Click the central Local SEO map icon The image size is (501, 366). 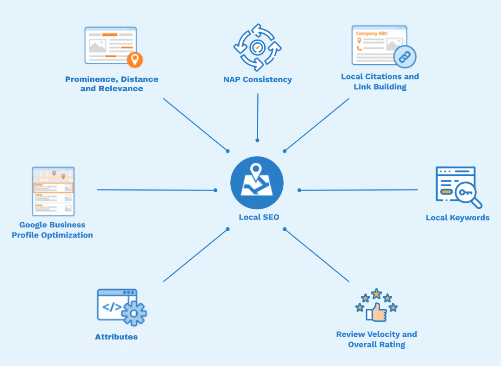click(x=257, y=183)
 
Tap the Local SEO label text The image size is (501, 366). click(x=259, y=217)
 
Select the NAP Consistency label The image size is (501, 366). click(x=257, y=80)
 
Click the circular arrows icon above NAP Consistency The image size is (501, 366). click(x=257, y=47)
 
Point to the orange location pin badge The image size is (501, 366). click(x=135, y=60)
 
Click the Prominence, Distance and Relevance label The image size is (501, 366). click(x=112, y=84)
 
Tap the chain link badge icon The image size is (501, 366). click(x=405, y=57)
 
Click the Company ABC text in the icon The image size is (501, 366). click(x=372, y=33)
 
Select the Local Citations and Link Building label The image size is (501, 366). click(x=380, y=81)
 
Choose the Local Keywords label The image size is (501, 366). click(x=458, y=218)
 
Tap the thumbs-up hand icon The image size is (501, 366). click(x=377, y=312)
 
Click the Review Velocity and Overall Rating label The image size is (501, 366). click(x=377, y=339)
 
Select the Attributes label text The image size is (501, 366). click(x=116, y=337)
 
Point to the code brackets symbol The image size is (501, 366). click(x=112, y=307)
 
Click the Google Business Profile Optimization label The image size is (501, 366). click(x=52, y=230)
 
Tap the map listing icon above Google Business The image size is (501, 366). click(x=53, y=191)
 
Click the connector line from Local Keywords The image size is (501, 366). click(x=358, y=190)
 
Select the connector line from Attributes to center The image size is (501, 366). click(x=195, y=255)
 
